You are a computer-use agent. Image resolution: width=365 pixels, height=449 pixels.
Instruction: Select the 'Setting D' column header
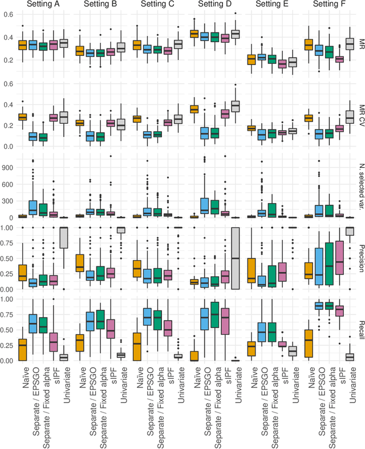214,5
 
